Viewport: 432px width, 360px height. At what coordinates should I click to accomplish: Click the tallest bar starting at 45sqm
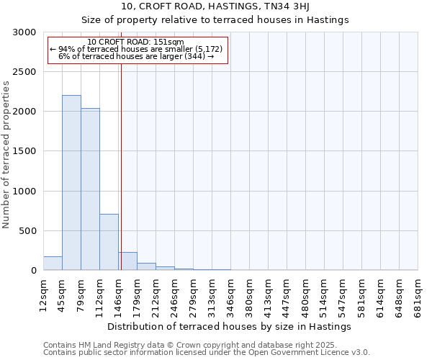(71, 183)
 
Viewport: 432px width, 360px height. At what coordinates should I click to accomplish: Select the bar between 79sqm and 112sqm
(90, 189)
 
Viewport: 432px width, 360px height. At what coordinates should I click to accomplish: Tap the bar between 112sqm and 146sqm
(109, 242)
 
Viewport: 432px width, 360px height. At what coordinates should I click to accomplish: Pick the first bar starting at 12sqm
(53, 264)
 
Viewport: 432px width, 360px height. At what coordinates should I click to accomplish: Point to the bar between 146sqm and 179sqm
(127, 261)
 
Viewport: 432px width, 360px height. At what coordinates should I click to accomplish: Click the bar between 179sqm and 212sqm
(146, 266)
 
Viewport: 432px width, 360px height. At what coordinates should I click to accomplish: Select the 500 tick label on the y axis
(27, 231)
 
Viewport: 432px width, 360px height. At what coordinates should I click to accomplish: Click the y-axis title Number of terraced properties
(6, 155)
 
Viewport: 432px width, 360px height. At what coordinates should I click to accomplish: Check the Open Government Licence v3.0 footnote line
(207, 353)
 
